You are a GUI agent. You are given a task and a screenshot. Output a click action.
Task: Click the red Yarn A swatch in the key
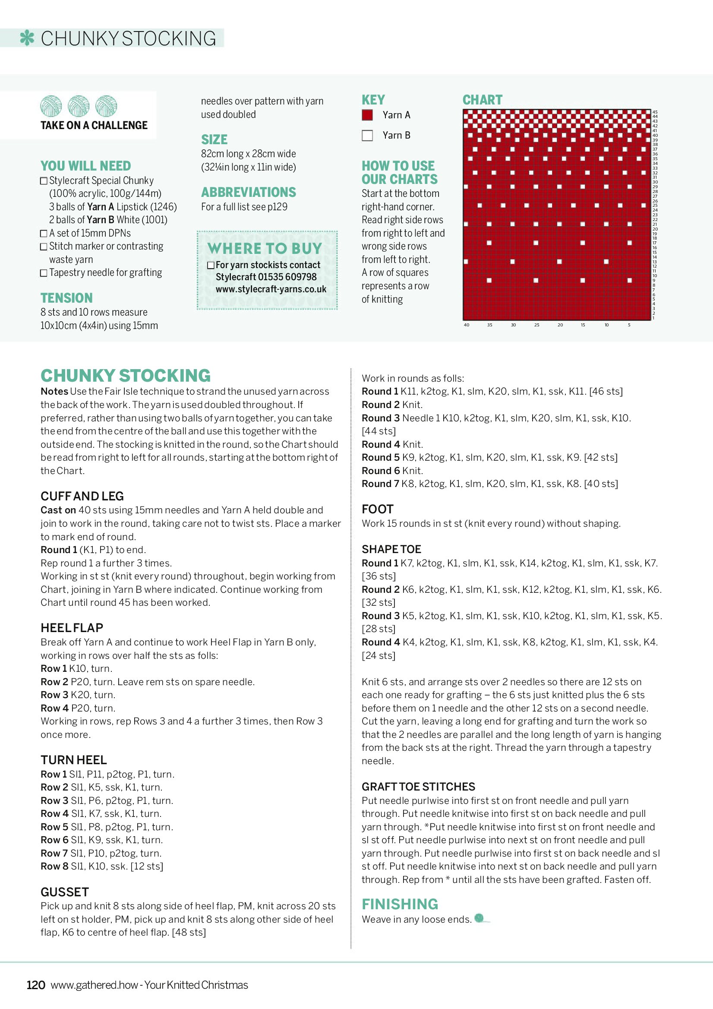[x=367, y=115]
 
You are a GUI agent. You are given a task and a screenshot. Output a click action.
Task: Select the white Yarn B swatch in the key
[x=367, y=136]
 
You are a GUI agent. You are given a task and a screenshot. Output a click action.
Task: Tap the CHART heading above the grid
[x=482, y=100]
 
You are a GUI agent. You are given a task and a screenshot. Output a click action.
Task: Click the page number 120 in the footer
[x=35, y=985]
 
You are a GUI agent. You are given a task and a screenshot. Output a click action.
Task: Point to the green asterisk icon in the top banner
[x=27, y=38]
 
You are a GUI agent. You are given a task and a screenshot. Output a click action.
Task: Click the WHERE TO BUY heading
[x=265, y=248]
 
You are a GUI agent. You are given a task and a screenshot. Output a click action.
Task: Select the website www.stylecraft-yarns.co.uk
[x=271, y=289]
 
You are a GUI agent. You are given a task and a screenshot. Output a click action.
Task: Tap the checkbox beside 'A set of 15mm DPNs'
[x=44, y=233]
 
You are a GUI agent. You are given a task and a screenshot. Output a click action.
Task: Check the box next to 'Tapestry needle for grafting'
[x=44, y=273]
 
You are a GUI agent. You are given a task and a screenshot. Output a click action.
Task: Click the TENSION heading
[x=66, y=298]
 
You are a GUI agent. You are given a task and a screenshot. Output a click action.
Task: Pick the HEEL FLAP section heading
[x=72, y=628]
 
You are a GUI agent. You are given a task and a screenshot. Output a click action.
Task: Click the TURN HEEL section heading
[x=73, y=760]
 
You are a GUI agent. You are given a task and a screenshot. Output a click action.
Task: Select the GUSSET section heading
[x=65, y=892]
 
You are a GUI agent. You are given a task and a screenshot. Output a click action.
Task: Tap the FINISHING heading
[x=400, y=904]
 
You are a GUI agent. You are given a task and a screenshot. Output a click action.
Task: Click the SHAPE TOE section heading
[x=391, y=549]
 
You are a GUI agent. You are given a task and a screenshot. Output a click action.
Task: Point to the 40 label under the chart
[x=466, y=325]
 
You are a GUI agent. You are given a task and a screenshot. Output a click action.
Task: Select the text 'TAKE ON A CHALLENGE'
[x=94, y=126]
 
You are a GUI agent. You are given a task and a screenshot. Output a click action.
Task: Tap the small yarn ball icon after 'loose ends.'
[x=479, y=917]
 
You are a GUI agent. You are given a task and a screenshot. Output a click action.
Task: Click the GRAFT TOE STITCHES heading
[x=418, y=786]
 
